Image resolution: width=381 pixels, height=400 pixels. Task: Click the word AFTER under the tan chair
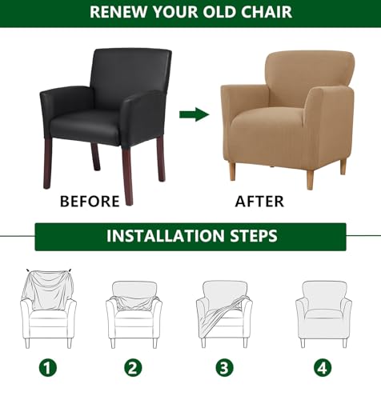[x=259, y=201]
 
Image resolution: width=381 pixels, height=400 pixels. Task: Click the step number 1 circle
[x=50, y=369]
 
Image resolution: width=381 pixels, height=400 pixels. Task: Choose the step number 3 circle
[x=223, y=369]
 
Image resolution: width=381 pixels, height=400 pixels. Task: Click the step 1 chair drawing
[x=49, y=308]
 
